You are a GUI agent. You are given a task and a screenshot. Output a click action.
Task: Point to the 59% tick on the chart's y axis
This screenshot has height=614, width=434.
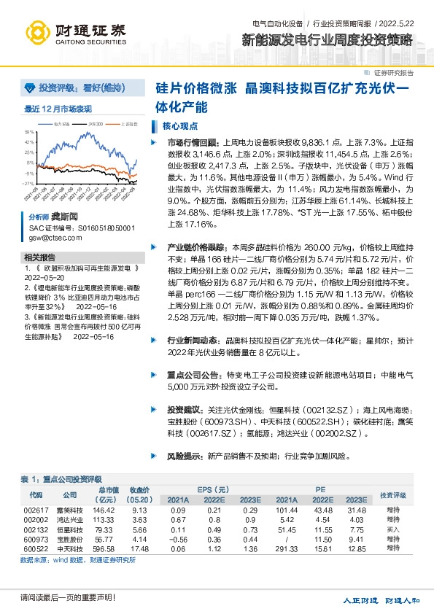(30, 132)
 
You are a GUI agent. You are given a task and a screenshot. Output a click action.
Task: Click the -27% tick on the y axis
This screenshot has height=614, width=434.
(30, 184)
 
